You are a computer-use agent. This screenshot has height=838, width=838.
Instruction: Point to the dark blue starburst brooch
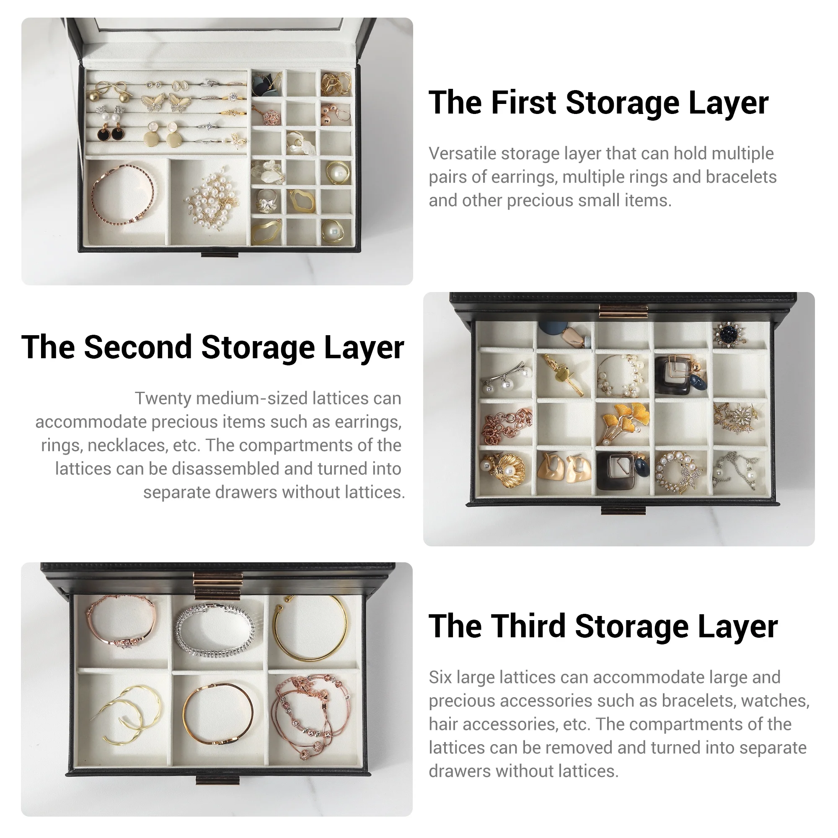tap(730, 334)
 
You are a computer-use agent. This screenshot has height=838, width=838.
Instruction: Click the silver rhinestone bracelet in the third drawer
tap(215, 628)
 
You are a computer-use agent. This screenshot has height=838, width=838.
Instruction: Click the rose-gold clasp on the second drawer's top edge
tap(623, 310)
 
